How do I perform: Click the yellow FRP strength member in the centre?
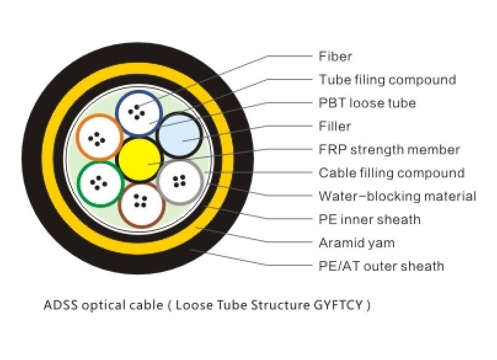[139, 159]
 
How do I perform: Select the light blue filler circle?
[180, 135]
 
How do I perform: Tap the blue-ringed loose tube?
[139, 113]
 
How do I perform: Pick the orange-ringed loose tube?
[99, 137]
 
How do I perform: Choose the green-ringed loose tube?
[101, 184]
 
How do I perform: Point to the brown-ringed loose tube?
[141, 204]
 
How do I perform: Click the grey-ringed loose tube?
[180, 182]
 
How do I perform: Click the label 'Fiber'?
[335, 56]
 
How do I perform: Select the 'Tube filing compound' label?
[388, 79]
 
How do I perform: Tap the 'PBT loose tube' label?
[367, 103]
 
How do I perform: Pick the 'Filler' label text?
[335, 126]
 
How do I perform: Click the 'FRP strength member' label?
[389, 150]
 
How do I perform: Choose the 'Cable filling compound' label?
[392, 173]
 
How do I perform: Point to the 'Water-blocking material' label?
[397, 196]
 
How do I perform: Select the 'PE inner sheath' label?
[370, 220]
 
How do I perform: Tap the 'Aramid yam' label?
[357, 243]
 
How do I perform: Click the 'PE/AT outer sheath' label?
[381, 266]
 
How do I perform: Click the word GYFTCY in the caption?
[338, 305]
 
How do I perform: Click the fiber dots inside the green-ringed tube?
[98, 183]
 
